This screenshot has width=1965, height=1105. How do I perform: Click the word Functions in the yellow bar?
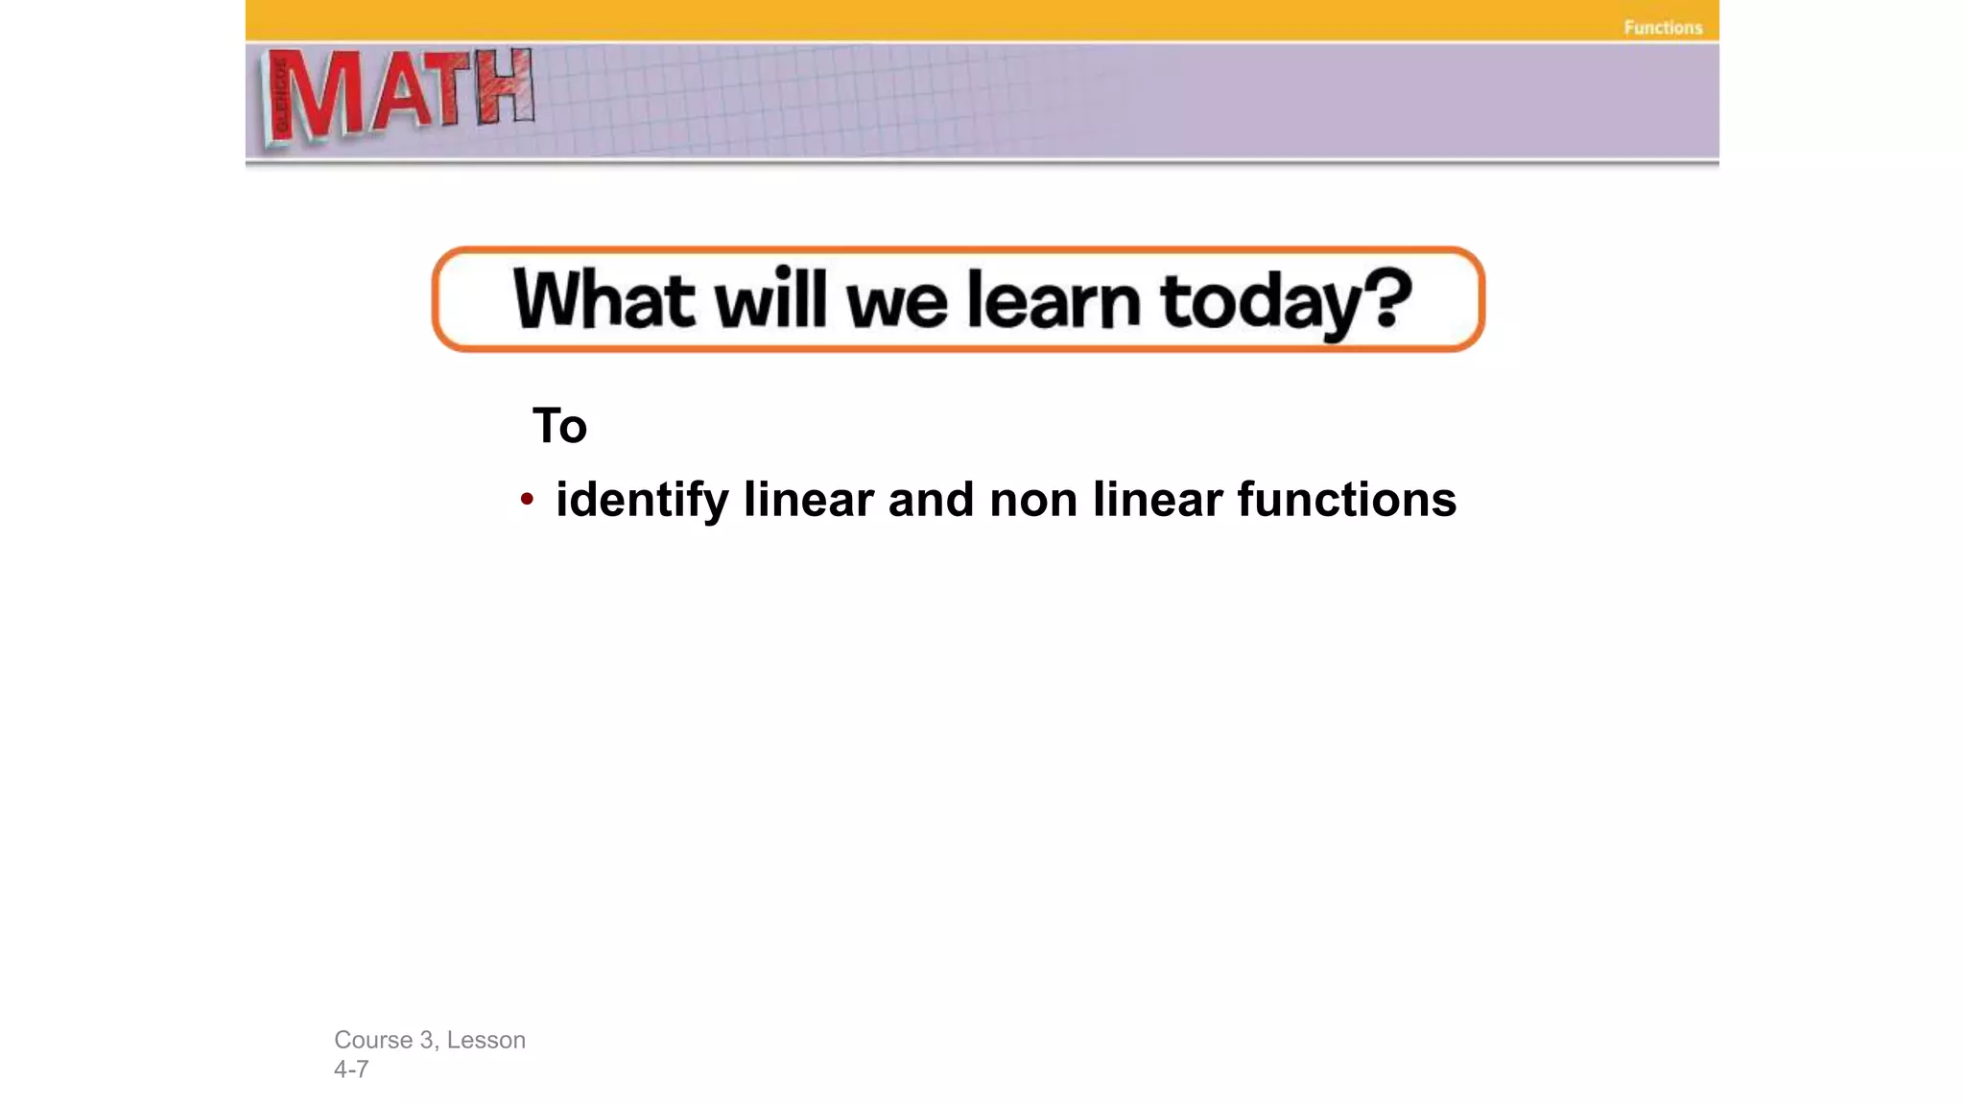pyautogui.click(x=1663, y=28)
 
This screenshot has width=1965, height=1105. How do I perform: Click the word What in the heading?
pyautogui.click(x=604, y=300)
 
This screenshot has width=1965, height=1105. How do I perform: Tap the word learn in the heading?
pyautogui.click(x=1054, y=300)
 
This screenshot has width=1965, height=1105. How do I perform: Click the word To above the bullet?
pyautogui.click(x=559, y=426)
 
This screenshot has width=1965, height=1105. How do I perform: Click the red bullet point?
pyautogui.click(x=526, y=499)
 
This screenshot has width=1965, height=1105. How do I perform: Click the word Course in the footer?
pyautogui.click(x=373, y=1040)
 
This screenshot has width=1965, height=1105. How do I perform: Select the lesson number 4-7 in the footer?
pyautogui.click(x=351, y=1070)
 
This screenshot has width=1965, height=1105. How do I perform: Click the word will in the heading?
pyautogui.click(x=770, y=299)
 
